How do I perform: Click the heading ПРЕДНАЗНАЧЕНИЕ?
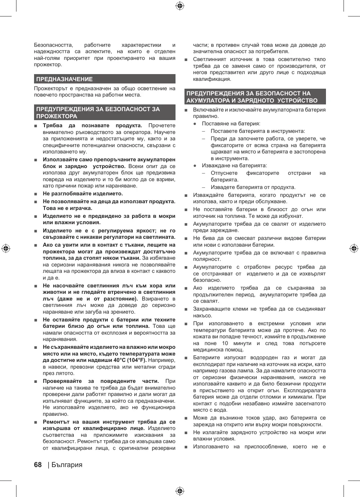coord(64,79)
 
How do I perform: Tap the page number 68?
coord(38,465)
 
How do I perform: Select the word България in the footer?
coord(67,465)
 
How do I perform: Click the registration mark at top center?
coord(180,6)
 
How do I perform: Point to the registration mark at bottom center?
coord(180,491)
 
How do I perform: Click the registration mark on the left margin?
coord(6,248)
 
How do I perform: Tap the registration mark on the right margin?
coord(354,248)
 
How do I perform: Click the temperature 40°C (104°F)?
coord(128,360)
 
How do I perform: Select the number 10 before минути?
coord(225,343)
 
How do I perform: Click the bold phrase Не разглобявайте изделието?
coord(83,193)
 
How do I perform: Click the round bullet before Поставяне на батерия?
coord(195,124)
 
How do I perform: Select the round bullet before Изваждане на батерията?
coord(195,166)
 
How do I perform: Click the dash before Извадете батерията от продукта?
coord(204,187)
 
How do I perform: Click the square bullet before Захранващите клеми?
coord(186,310)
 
